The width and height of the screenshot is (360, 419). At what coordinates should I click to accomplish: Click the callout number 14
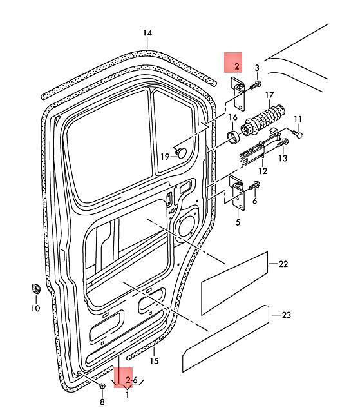[x=147, y=33]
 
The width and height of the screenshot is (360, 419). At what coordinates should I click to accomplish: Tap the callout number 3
[x=257, y=68]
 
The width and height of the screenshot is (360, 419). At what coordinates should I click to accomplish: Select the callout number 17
[x=269, y=95]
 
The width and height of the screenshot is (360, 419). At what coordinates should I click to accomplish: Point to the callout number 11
[x=298, y=119]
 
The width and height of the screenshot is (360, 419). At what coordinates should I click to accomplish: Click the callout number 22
[x=283, y=264]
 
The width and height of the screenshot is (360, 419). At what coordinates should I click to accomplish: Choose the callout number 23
[x=287, y=315]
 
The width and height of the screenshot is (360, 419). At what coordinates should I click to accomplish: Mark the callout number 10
[x=35, y=308]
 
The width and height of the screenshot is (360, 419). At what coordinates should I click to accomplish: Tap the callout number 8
[x=102, y=402]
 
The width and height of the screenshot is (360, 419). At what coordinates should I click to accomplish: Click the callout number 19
[x=165, y=157]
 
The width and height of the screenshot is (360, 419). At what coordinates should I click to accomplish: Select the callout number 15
[x=154, y=361]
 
